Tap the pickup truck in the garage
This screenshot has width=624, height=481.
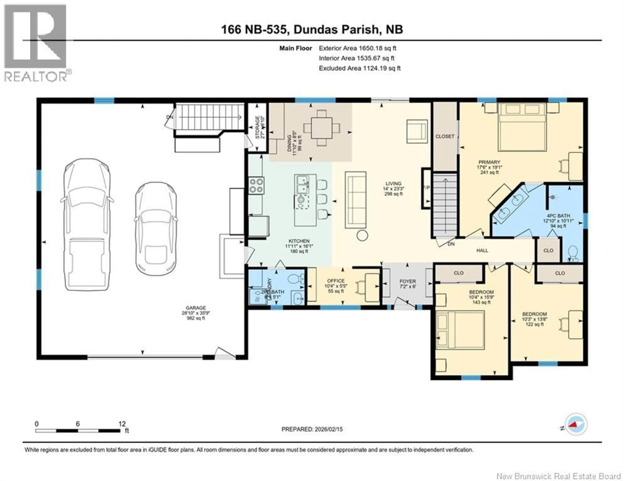pyautogui.click(x=87, y=225)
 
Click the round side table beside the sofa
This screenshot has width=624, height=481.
pyautogui.click(x=362, y=235)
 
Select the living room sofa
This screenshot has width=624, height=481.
pyautogui.click(x=355, y=200)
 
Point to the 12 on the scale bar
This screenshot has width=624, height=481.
pyautogui.click(x=122, y=424)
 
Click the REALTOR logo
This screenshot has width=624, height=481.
pyautogui.click(x=36, y=43)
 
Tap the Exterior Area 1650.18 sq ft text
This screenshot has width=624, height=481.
pyautogui.click(x=357, y=48)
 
